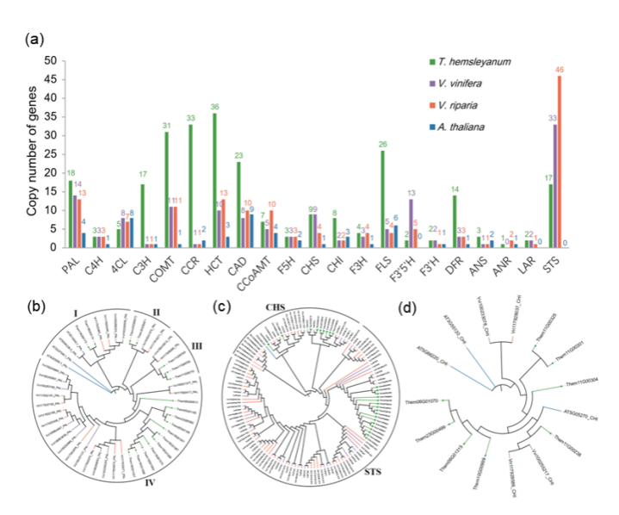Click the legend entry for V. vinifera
pyautogui.click(x=473, y=84)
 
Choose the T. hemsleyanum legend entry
pyautogui.click(x=481, y=62)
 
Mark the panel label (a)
pyautogui.click(x=35, y=38)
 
